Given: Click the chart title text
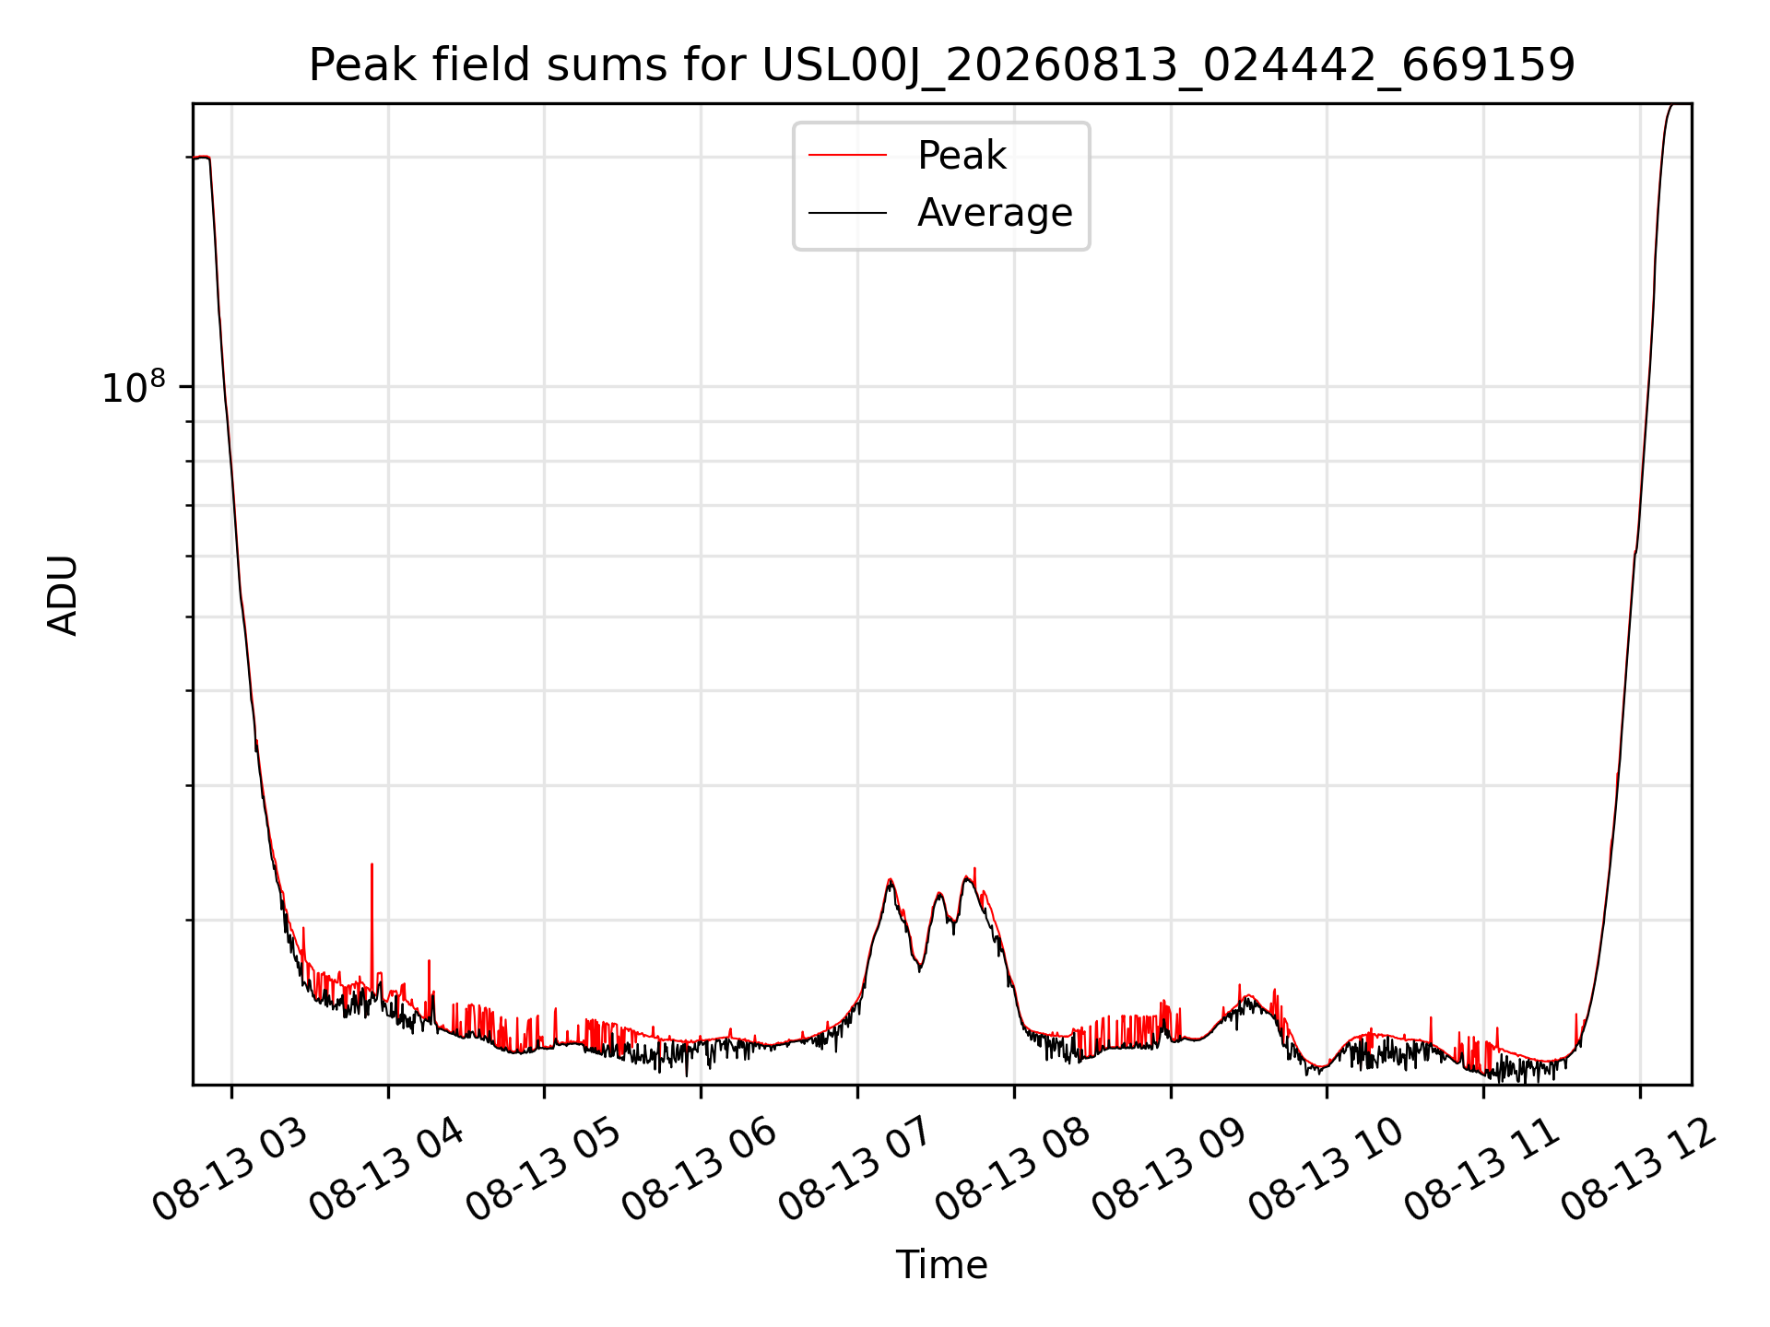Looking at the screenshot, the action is tap(941, 65).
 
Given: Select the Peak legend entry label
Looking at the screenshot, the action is tap(962, 156).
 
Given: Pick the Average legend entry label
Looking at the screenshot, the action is tap(995, 213).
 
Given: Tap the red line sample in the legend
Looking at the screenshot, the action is tap(847, 156).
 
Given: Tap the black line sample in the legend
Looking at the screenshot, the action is tap(847, 213).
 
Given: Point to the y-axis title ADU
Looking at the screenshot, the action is tap(63, 594).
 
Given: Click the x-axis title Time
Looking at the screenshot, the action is tap(941, 1265).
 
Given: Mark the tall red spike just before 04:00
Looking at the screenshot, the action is tap(372, 922).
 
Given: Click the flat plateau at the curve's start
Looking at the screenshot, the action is tap(201, 158).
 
